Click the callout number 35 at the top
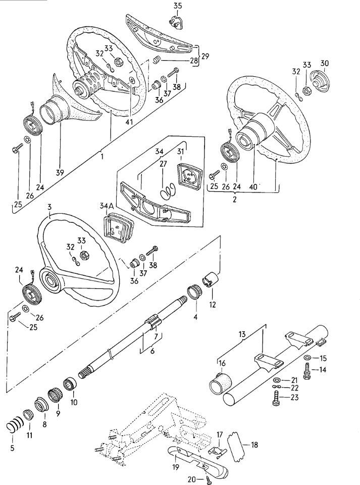[x=177, y=6]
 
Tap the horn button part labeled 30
[x=319, y=80]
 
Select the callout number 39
[x=60, y=173]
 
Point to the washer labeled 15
[x=307, y=358]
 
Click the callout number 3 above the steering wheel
[x=48, y=207]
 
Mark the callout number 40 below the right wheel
[x=253, y=186]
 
